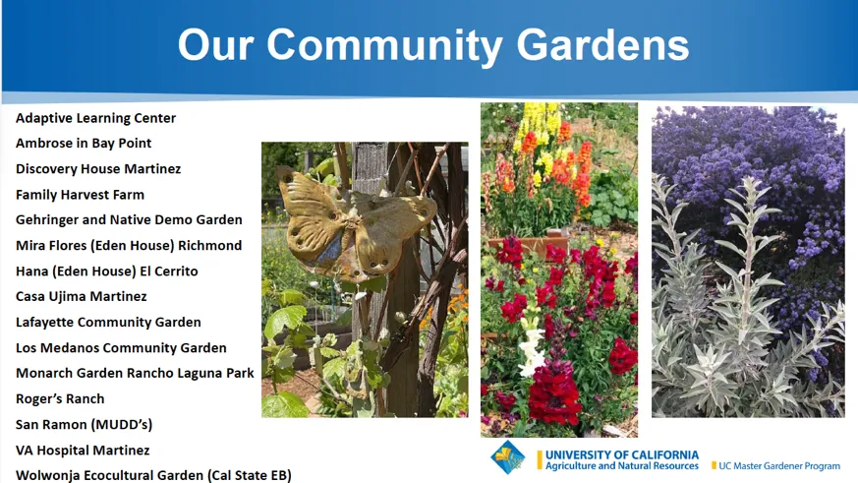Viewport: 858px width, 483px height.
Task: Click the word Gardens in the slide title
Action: (x=602, y=45)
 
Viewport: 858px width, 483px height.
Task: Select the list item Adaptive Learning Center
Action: (x=95, y=118)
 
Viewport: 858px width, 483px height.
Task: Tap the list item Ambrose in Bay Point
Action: (x=84, y=144)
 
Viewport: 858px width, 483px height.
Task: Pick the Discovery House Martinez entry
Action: (x=98, y=168)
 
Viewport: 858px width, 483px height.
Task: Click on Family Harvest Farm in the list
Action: (x=80, y=195)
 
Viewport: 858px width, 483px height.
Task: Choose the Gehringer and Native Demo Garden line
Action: (x=129, y=220)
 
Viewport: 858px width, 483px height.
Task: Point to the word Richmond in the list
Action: (x=209, y=245)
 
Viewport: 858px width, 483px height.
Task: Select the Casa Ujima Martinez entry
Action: (x=81, y=297)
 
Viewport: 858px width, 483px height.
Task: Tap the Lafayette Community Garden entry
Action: (x=108, y=322)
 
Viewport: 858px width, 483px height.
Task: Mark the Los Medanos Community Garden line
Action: (x=121, y=347)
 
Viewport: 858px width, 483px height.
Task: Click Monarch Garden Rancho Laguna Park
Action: (x=135, y=374)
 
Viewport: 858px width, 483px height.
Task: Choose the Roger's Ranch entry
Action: (x=60, y=398)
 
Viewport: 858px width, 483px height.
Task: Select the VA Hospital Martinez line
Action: (x=83, y=451)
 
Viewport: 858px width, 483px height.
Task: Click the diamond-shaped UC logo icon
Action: (x=508, y=457)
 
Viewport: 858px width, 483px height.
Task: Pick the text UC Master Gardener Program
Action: (x=779, y=466)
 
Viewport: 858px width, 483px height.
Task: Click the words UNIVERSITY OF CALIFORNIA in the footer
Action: (x=622, y=454)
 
